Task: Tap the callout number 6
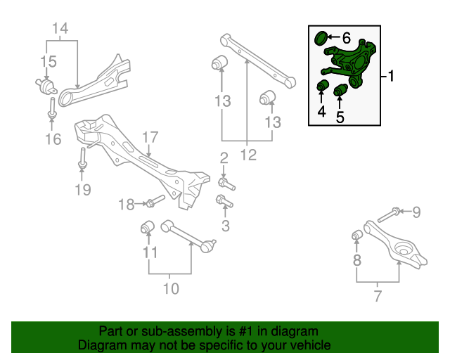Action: tap(346, 37)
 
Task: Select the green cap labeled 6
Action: tap(321, 37)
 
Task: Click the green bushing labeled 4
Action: tap(323, 86)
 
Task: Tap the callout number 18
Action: tap(125, 205)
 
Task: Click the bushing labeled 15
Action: tap(48, 87)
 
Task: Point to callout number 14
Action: tap(60, 29)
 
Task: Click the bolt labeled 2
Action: tap(226, 184)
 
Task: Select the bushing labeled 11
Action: tap(148, 227)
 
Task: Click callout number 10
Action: tap(170, 288)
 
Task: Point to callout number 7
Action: tap(378, 296)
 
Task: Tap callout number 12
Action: tap(246, 153)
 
